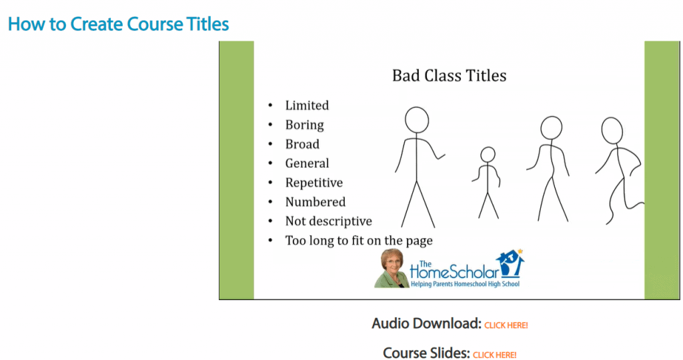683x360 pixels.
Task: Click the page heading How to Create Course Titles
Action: (119, 24)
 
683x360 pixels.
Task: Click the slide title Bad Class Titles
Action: (449, 76)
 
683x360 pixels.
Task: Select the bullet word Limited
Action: (307, 105)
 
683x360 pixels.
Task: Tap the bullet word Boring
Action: (304, 125)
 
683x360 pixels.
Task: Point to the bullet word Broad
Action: (302, 144)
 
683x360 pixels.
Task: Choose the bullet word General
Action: (307, 163)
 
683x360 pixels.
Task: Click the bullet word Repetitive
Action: (314, 183)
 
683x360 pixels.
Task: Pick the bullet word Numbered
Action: (315, 202)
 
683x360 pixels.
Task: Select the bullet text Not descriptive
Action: (328, 221)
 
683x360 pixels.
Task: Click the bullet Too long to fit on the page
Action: (359, 241)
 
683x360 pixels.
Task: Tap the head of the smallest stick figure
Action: (488, 155)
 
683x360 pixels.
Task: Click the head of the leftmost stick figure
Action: (417, 120)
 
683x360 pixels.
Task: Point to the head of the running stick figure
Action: (612, 130)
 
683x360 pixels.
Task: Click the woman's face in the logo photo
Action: (392, 263)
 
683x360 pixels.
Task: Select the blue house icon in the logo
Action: (512, 263)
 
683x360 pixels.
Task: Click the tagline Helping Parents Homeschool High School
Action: (465, 284)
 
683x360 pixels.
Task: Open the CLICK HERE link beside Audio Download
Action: (506, 325)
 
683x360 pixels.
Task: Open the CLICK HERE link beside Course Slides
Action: (495, 355)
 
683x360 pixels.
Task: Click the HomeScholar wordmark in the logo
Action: (454, 271)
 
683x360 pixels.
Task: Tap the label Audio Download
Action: (426, 323)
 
